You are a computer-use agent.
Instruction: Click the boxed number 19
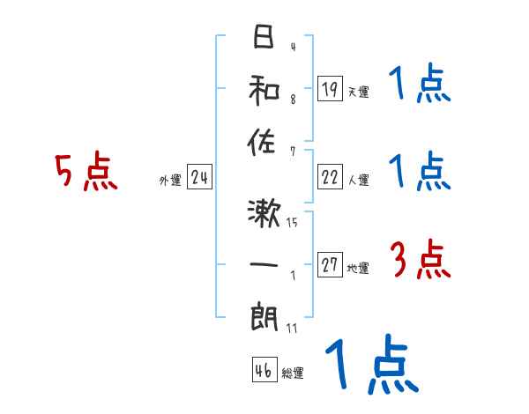click(x=330, y=89)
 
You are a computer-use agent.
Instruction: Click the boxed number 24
click(x=199, y=179)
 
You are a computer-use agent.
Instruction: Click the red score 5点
click(x=86, y=173)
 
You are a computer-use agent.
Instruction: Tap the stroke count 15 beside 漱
click(x=292, y=223)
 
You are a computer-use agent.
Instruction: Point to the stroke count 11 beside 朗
click(x=292, y=329)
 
